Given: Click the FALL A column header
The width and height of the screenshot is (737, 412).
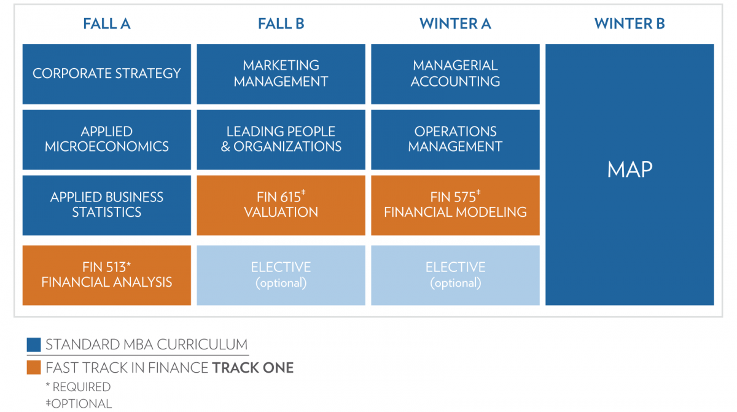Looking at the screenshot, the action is (x=107, y=24).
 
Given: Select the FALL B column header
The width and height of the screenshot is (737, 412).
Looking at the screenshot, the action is (x=281, y=24).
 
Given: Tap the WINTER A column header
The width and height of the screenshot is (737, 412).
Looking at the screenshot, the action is (x=455, y=24).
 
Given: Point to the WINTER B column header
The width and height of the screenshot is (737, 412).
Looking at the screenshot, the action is (x=630, y=24).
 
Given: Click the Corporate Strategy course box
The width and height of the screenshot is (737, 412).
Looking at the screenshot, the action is (x=107, y=74).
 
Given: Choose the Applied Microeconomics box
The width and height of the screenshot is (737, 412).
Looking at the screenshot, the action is (x=107, y=139).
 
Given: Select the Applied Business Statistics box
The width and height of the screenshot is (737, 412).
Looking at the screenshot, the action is (x=107, y=205).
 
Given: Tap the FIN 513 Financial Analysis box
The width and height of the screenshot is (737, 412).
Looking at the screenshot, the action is (x=107, y=275).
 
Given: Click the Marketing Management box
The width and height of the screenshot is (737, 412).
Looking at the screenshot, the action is (x=281, y=74).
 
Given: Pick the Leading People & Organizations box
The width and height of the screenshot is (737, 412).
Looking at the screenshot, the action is (x=281, y=139).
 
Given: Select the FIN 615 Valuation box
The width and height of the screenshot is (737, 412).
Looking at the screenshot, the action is (x=281, y=205).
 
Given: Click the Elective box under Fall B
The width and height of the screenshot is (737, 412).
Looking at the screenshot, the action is (x=281, y=275).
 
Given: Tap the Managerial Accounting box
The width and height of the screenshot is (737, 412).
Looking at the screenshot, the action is (x=455, y=74).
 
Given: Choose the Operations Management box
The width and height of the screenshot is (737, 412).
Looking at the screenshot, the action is (x=455, y=139).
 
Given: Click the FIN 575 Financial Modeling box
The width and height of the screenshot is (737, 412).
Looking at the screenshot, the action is (x=455, y=205).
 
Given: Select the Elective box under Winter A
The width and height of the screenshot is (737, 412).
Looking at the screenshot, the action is (x=455, y=275).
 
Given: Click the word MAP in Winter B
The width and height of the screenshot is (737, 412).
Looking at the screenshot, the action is (x=630, y=169).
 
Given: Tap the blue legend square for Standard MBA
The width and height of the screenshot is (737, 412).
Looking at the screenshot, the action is (x=34, y=344).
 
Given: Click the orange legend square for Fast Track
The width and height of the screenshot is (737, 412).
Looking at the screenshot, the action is (x=34, y=367).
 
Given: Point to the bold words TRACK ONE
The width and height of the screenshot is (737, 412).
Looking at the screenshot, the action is (x=252, y=368).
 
